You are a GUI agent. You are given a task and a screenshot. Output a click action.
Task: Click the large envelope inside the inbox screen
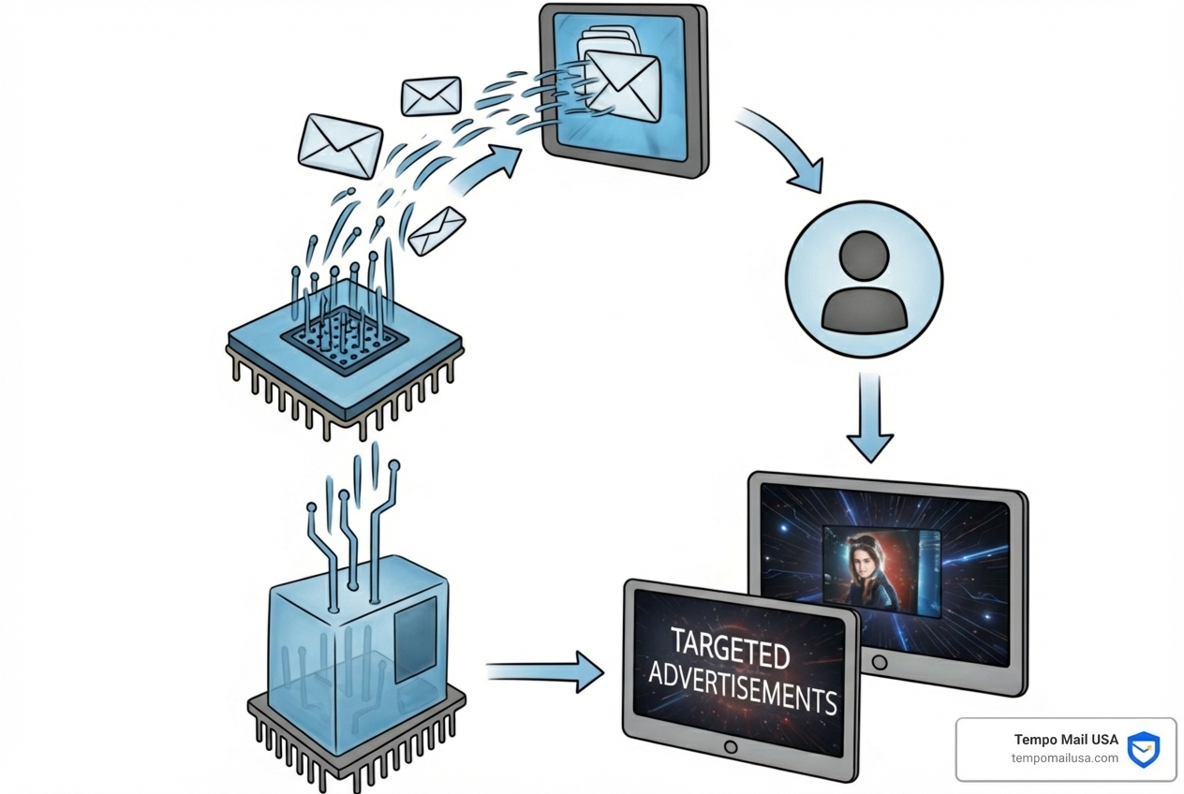623,84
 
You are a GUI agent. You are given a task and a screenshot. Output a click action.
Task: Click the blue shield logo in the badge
1143,749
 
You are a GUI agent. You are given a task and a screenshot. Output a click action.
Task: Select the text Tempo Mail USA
1066,740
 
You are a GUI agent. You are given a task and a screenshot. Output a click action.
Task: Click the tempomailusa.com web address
1065,758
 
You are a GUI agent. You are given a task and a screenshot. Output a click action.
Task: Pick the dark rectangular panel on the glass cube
415,640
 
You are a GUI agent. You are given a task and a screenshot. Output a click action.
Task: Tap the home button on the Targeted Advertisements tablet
731,747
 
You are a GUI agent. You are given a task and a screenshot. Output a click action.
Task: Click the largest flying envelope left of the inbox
340,145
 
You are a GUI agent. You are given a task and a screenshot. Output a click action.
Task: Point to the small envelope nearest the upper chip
436,229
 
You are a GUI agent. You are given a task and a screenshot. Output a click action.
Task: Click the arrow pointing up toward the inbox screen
487,169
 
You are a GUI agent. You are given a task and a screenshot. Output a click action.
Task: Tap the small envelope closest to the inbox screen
431,96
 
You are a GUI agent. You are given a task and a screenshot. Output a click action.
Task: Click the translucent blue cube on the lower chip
356,646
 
